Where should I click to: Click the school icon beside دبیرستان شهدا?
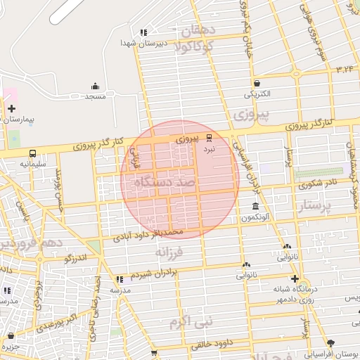point(143,32)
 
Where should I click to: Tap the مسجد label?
point(95,96)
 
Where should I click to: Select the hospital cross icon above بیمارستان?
point(11,108)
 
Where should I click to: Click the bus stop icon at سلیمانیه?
point(32,153)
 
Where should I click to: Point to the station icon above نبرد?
point(209,139)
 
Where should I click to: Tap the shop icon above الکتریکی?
point(257,82)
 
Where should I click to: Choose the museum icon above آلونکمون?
point(255,207)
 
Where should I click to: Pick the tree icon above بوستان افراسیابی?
point(342,344)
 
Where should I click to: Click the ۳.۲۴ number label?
point(345,69)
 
